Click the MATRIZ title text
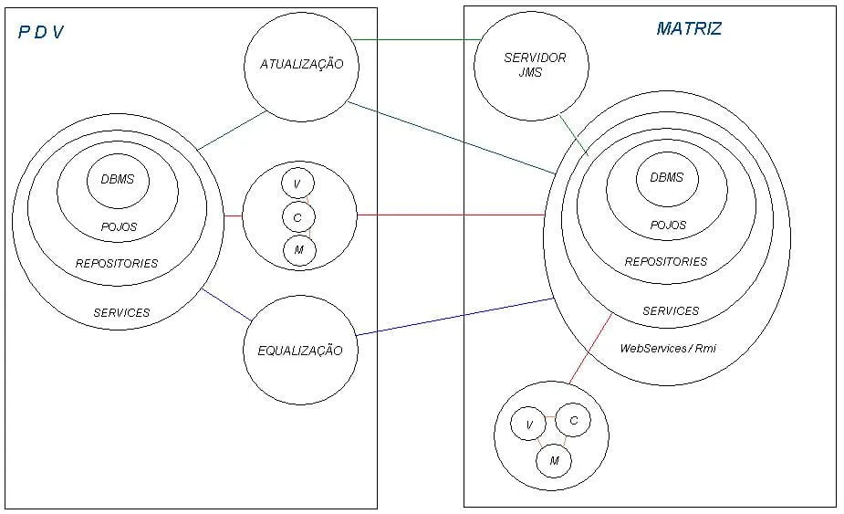pyautogui.click(x=689, y=28)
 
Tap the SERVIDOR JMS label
pyautogui.click(x=535, y=64)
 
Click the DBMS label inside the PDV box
pyautogui.click(x=117, y=179)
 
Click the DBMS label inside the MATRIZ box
pyautogui.click(x=666, y=177)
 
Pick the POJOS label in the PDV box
pyautogui.click(x=119, y=226)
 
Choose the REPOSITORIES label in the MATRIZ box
pyautogui.click(x=666, y=261)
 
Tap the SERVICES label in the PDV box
pyautogui.click(x=121, y=312)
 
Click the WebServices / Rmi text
pyautogui.click(x=668, y=348)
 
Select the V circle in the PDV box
pyautogui.click(x=297, y=184)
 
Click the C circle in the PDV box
pyautogui.click(x=297, y=216)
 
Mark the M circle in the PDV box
pyautogui.click(x=298, y=249)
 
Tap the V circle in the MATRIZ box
pyautogui.click(x=527, y=424)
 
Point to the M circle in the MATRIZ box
pyautogui.click(x=553, y=462)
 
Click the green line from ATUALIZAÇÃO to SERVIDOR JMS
pyautogui.click(x=418, y=40)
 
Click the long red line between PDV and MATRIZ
pyautogui.click(x=452, y=215)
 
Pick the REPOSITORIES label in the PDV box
pyautogui.click(x=117, y=263)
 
